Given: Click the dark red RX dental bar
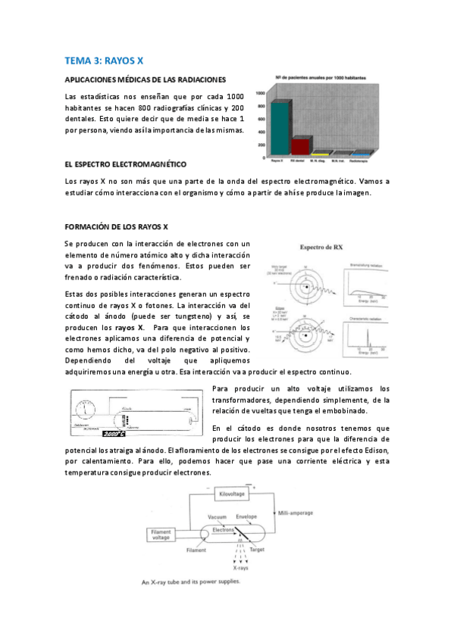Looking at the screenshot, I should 301,145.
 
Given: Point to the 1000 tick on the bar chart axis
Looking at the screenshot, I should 261,94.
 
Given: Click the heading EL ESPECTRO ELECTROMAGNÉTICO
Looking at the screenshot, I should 126,164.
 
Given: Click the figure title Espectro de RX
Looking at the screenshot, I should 324,248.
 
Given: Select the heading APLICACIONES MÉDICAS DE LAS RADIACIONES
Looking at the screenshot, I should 146,79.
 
